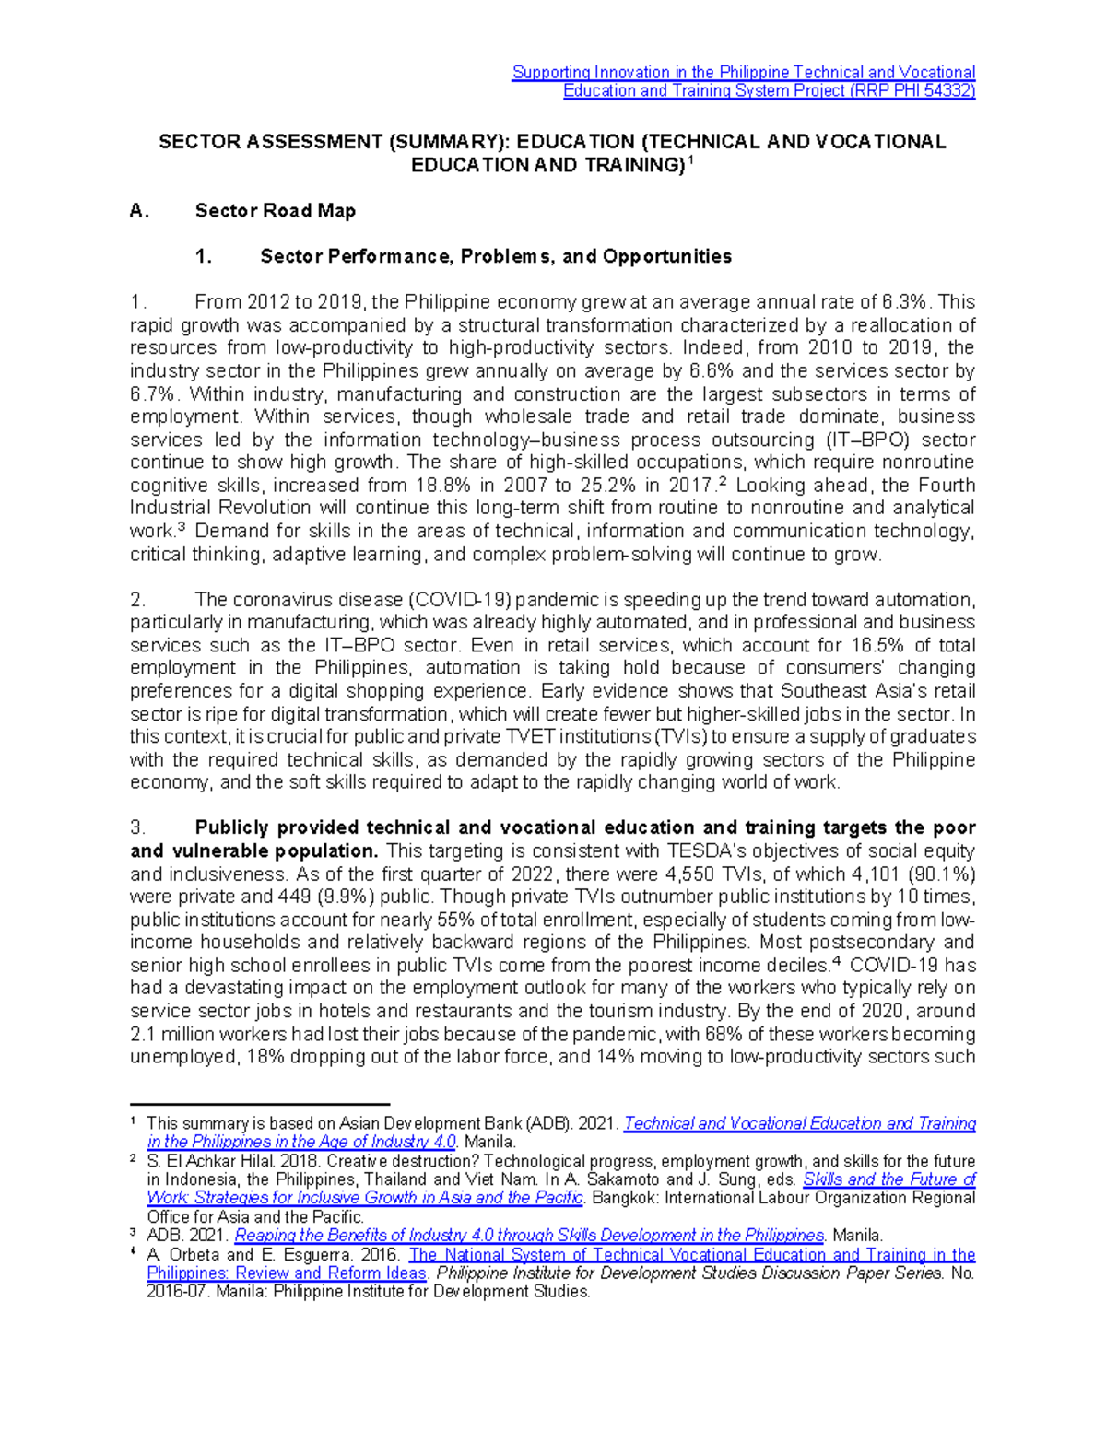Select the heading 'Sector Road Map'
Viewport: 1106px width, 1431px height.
pyautogui.click(x=275, y=211)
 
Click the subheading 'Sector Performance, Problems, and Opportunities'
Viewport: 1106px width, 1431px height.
pyautogui.click(x=495, y=257)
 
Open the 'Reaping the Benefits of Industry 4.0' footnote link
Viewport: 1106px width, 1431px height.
pyautogui.click(x=529, y=1236)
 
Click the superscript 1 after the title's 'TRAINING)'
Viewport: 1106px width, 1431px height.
pyautogui.click(x=691, y=159)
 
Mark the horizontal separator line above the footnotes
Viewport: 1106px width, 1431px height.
pyautogui.click(x=260, y=1104)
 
